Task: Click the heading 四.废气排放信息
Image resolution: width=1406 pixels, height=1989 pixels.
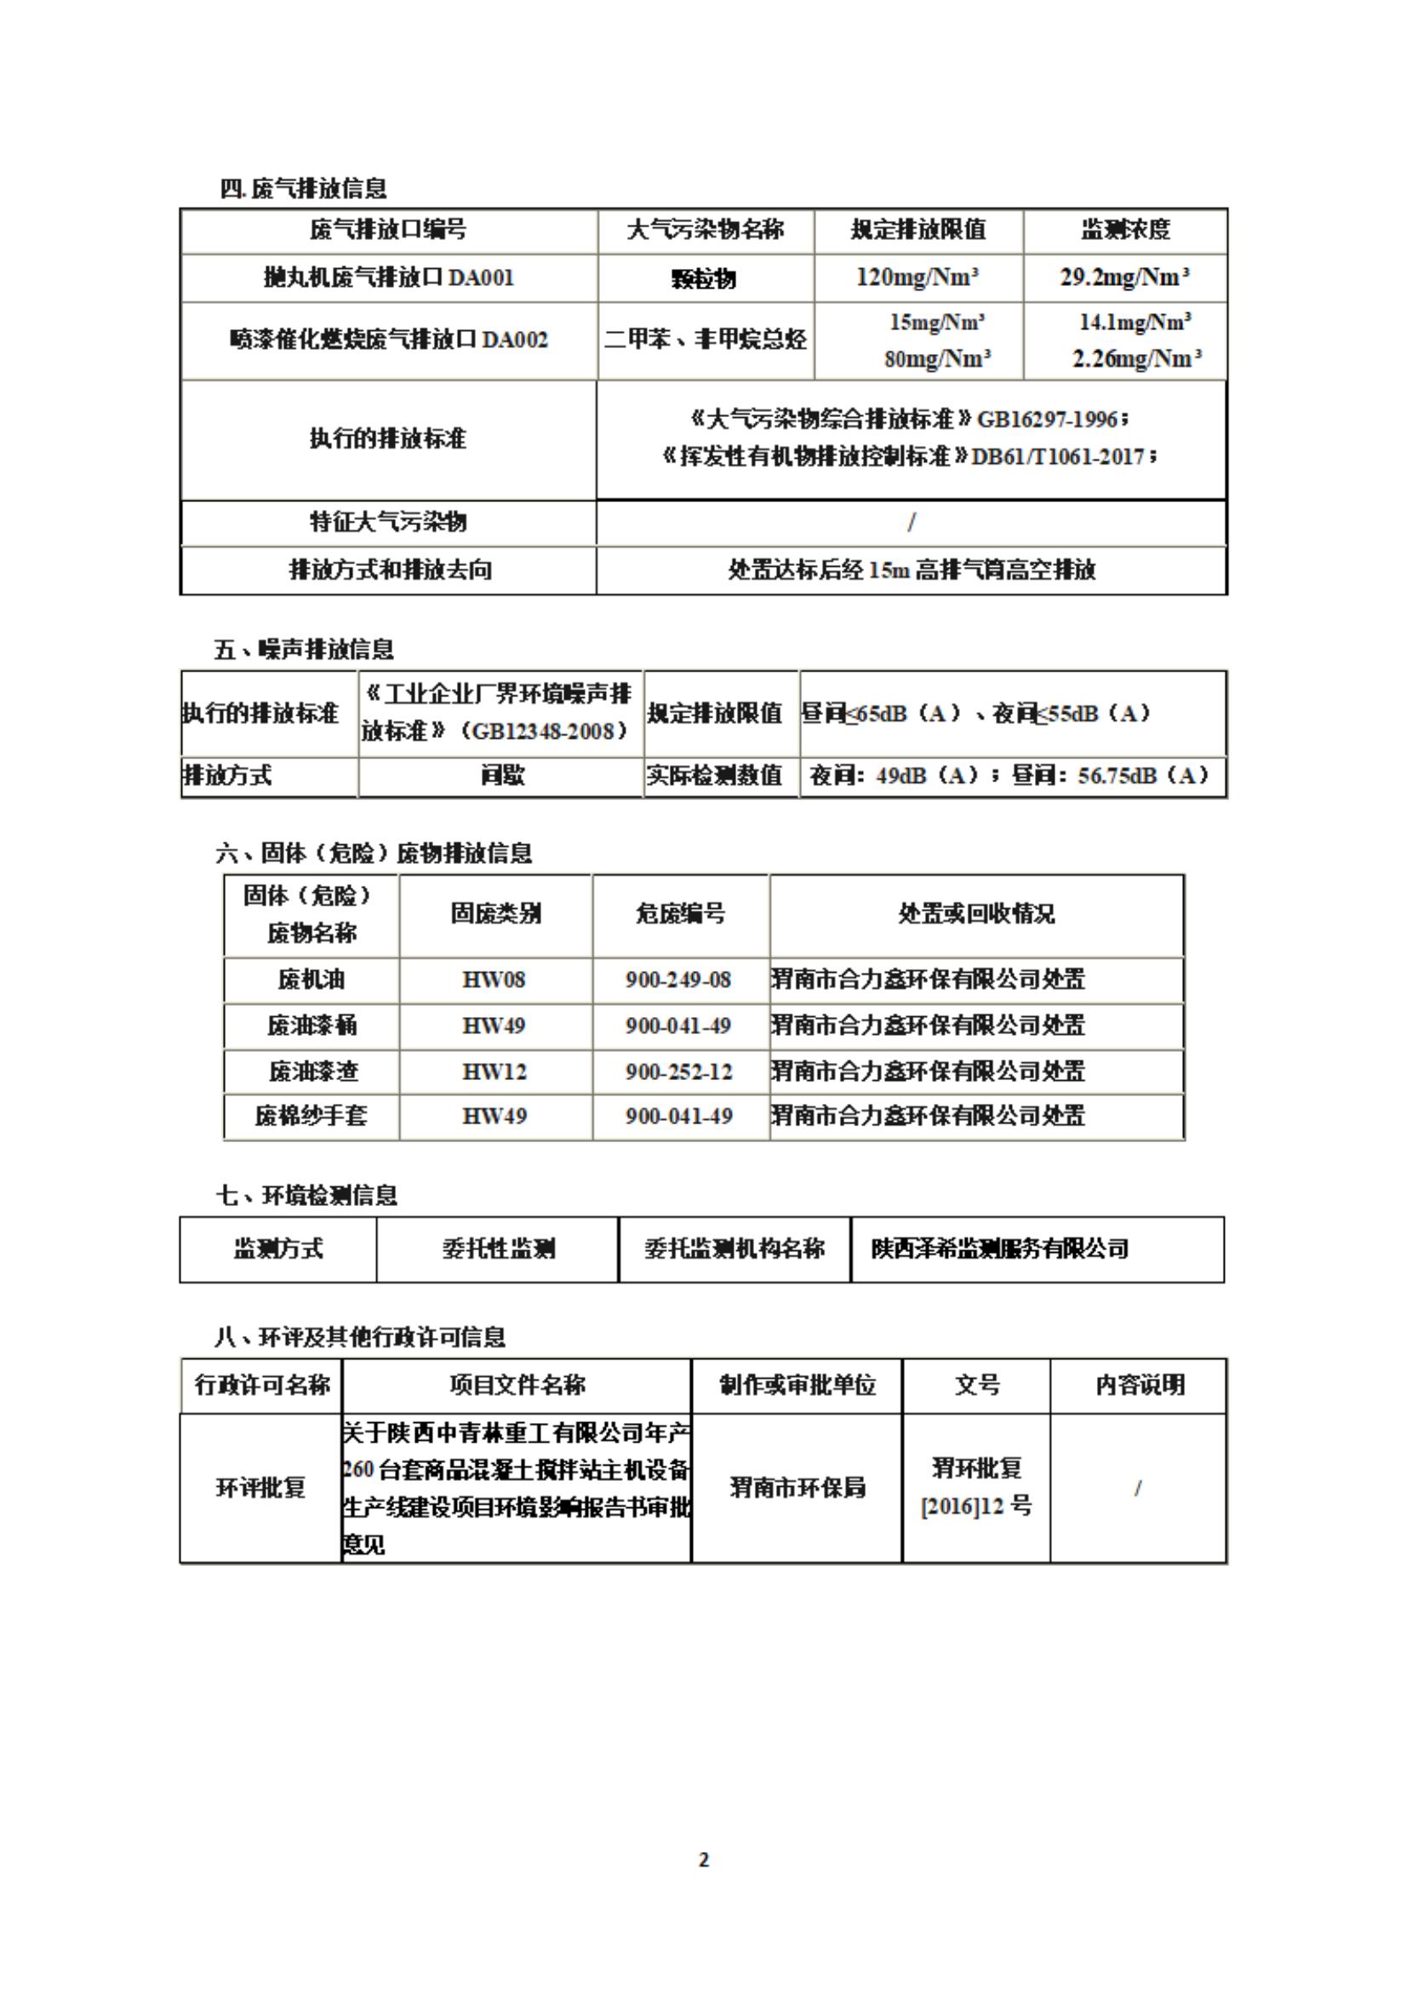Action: coord(303,188)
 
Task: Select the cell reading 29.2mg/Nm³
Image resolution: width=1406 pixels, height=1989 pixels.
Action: coord(1124,278)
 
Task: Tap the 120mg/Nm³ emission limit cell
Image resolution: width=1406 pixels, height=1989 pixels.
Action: coord(917,278)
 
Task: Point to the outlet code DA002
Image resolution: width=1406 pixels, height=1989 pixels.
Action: coord(515,340)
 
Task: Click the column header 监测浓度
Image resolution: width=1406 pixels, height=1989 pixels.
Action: coord(1124,230)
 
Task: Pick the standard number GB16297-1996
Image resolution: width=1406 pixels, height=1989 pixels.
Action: coord(1048,420)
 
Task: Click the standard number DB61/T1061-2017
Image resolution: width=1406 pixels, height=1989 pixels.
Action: coord(1058,456)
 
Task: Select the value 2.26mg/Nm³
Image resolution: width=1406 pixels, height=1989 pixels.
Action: coord(1135,358)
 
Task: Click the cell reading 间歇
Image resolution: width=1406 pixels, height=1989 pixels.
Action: coord(502,775)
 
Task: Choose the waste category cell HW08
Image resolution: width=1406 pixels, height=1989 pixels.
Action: coord(494,980)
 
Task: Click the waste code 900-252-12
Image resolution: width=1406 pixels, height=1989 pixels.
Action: coord(679,1072)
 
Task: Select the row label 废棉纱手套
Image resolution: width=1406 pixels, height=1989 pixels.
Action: coord(311,1116)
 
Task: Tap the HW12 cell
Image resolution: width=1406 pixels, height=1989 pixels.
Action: coord(494,1072)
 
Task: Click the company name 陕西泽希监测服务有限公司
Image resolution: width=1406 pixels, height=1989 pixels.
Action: coord(1000,1249)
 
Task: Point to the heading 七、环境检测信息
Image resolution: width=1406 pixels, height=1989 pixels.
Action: coord(306,1196)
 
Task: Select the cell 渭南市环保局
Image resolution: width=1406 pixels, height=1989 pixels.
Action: coord(797,1488)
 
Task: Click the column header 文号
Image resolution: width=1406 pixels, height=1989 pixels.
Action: coord(976,1385)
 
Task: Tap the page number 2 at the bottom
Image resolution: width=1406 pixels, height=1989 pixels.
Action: coord(704,1859)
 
